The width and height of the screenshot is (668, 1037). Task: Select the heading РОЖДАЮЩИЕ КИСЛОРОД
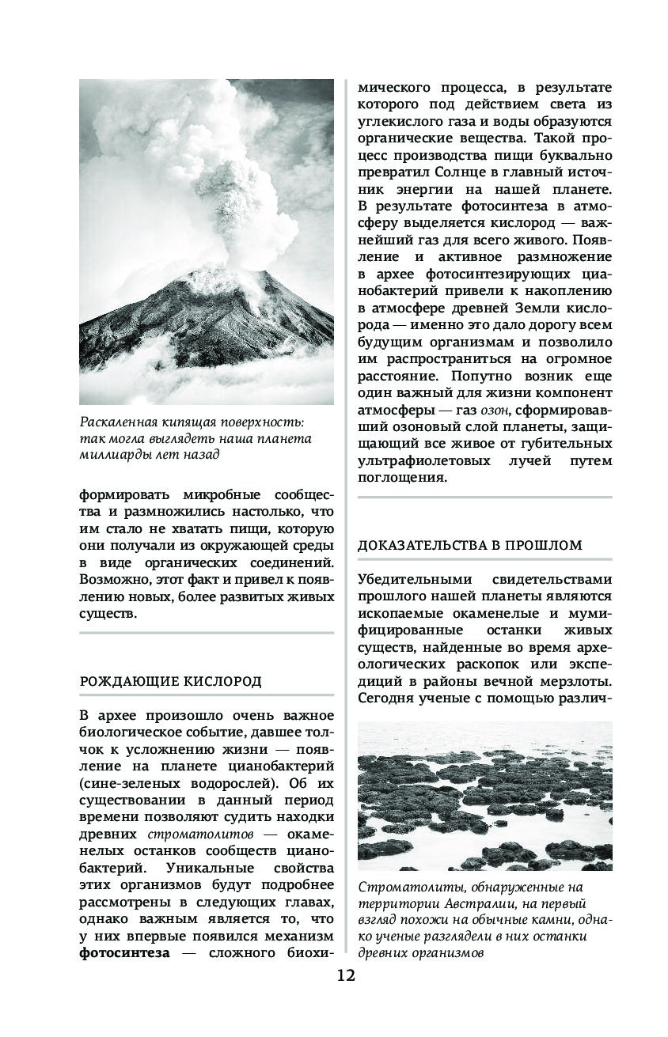coord(171,681)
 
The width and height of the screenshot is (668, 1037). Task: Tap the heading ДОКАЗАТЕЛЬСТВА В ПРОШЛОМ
coord(470,545)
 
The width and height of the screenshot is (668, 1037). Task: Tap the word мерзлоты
coord(576,681)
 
